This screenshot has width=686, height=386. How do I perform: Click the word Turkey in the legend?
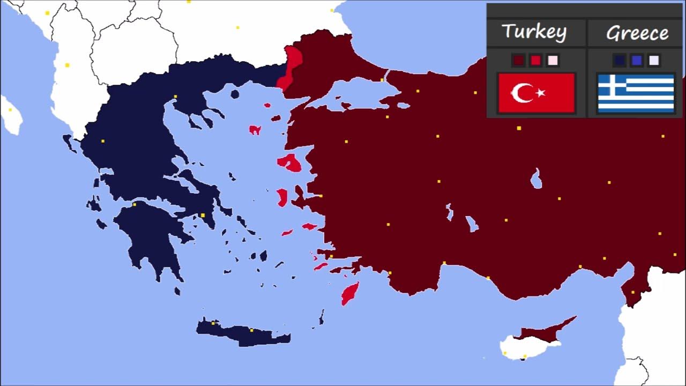tap(534, 32)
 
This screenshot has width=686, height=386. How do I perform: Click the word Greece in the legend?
tap(637, 33)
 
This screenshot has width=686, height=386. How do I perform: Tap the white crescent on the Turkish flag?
tap(521, 93)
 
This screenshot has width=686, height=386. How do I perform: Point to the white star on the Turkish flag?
tap(540, 93)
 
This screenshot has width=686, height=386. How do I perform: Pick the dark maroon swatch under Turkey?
tap(518, 60)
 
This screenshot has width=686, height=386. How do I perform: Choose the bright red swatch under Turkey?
tap(535, 60)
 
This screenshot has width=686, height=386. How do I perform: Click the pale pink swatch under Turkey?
tap(553, 60)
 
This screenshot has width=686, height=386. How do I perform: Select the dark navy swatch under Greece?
tap(620, 60)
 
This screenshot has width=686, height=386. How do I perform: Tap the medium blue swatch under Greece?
tap(637, 60)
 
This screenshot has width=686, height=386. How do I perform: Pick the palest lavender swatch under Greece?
tap(654, 60)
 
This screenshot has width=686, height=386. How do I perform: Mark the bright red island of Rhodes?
tap(349, 294)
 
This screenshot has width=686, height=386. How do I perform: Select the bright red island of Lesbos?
tap(290, 162)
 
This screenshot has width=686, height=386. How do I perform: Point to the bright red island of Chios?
tap(282, 197)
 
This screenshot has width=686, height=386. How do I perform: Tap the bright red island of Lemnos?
tap(255, 130)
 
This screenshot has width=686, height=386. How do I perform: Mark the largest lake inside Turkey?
tap(536, 179)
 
